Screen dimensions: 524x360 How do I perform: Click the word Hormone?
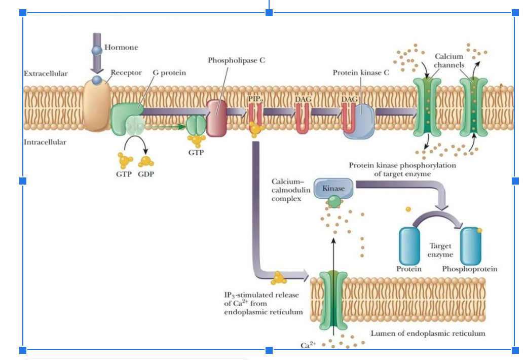click(121, 47)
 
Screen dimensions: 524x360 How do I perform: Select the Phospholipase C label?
click(236, 60)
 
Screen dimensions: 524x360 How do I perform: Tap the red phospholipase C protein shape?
click(216, 118)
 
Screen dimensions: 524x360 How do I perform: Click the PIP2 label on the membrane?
click(255, 99)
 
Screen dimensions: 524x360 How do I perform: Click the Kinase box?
click(333, 188)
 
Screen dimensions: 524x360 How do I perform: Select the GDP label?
click(146, 174)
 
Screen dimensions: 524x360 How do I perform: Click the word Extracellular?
click(46, 74)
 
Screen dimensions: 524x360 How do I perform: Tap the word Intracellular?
click(45, 142)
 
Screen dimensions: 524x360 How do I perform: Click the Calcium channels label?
click(449, 60)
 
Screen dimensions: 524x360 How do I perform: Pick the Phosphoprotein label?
click(470, 269)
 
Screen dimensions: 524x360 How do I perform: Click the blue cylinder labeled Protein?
click(409, 246)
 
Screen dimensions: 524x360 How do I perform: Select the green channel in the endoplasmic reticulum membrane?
click(333, 301)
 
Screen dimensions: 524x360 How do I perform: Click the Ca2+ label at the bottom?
click(308, 345)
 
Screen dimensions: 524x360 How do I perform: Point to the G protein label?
click(169, 73)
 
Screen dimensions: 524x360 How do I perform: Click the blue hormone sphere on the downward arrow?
click(97, 51)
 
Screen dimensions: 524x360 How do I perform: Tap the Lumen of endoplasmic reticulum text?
click(428, 333)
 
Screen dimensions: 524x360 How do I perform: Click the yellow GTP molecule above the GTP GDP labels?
click(125, 160)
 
